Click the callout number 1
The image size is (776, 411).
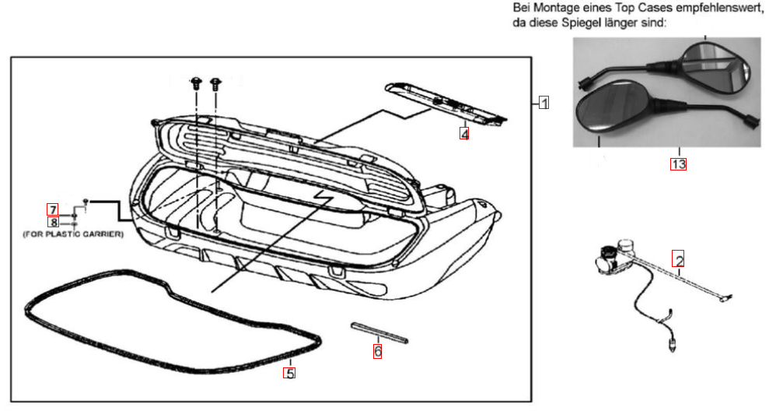[x=545, y=103]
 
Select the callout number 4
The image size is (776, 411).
[x=464, y=133]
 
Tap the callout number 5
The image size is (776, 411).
[x=289, y=374]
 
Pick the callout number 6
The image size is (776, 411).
[x=378, y=351]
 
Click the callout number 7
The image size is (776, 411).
[x=52, y=209]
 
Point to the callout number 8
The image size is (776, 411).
[x=53, y=222]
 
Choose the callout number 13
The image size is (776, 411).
[x=678, y=163]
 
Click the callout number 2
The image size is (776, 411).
[x=679, y=260]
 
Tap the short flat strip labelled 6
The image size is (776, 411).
[x=379, y=332]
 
